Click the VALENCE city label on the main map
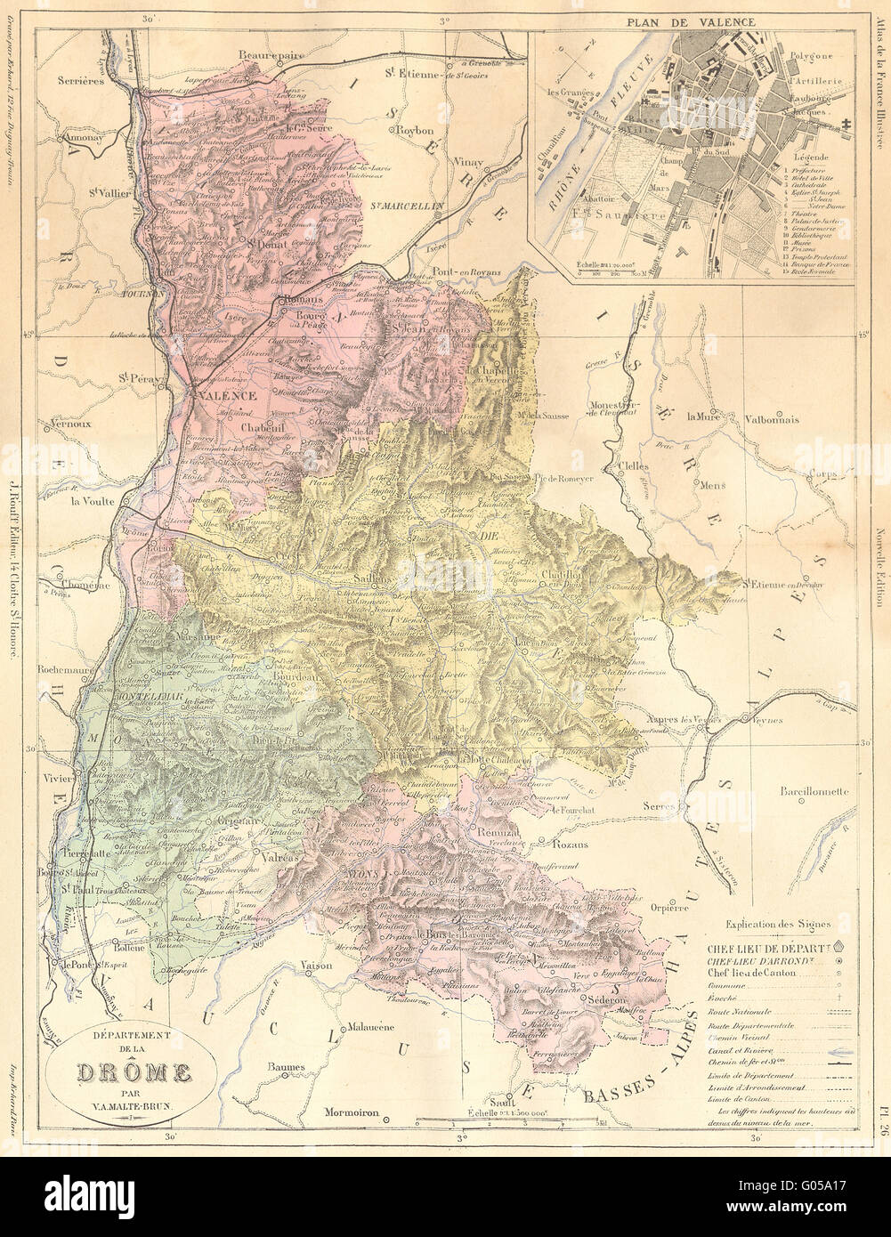[226, 394]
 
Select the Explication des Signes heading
[774, 924]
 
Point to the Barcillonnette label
[814, 791]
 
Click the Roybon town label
[414, 129]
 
